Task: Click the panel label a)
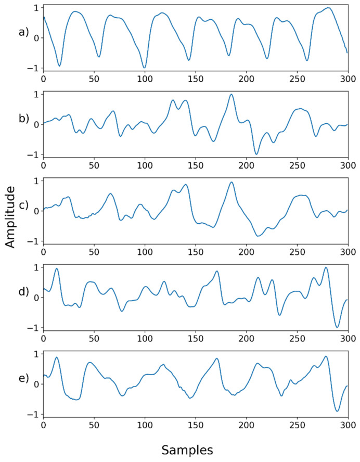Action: pyautogui.click(x=23, y=32)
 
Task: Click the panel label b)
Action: pyautogui.click(x=23, y=119)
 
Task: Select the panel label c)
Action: pyautogui.click(x=23, y=206)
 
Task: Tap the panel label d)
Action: pyautogui.click(x=23, y=292)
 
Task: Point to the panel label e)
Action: pyautogui.click(x=23, y=378)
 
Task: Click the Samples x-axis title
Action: pyautogui.click(x=187, y=448)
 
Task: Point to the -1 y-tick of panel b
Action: pyautogui.click(x=35, y=155)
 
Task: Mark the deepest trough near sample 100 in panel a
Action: pyautogui.click(x=144, y=68)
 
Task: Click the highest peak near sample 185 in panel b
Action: pyautogui.click(x=231, y=95)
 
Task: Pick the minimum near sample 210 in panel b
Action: pyautogui.click(x=256, y=154)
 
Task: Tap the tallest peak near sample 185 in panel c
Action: pyautogui.click(x=231, y=183)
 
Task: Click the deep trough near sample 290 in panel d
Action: pyautogui.click(x=337, y=327)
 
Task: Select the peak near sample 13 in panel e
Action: pyautogui.click(x=57, y=357)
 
